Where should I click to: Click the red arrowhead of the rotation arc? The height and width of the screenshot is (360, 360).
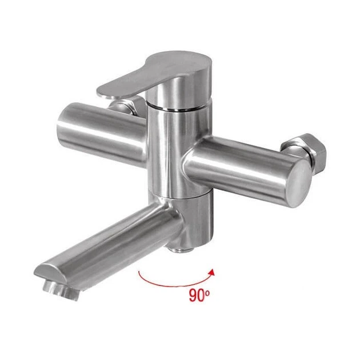pos(212,273)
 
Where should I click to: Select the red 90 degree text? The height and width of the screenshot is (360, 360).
pos(199,295)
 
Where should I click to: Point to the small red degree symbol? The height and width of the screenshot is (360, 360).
pos(207,292)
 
